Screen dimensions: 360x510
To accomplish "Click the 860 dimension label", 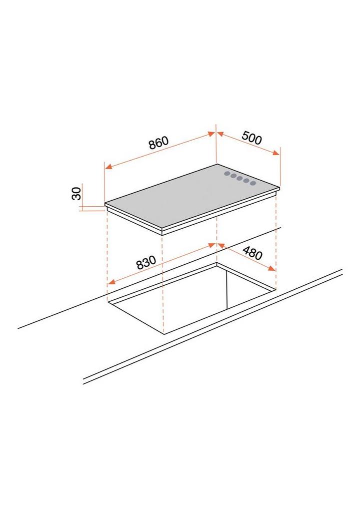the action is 159,143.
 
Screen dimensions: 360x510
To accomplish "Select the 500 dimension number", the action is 251,138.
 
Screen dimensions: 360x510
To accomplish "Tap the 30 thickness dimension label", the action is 76,194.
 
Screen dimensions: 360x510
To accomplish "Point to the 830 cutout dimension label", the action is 146,262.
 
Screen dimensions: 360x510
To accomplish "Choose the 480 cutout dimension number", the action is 252,253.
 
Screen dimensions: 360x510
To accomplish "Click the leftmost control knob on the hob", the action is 227,174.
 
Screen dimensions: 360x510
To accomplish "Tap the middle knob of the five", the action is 240,178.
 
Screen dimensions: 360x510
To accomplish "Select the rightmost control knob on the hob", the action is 253,183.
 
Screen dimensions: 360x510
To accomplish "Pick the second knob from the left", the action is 233,176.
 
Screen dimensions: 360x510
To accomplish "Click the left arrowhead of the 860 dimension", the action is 108,167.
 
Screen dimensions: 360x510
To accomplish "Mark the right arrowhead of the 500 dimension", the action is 276,153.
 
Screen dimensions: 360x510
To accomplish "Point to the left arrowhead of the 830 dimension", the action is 111,282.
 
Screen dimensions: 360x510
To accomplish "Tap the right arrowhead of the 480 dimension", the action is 271,268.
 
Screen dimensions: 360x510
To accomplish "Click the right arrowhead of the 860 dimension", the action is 211,134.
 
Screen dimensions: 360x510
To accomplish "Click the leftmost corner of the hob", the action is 105,204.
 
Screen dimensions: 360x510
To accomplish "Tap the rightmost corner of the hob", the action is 279,188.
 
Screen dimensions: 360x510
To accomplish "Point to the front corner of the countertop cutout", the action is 164,334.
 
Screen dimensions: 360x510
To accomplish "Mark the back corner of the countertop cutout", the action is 216,263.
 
